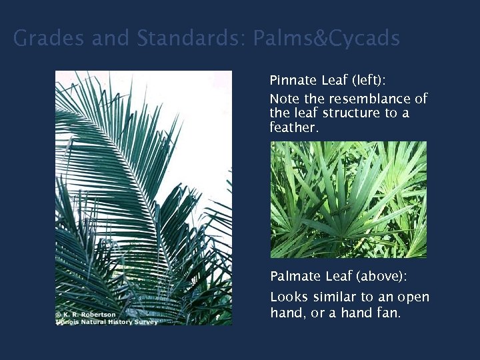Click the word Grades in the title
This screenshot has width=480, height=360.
click(x=49, y=39)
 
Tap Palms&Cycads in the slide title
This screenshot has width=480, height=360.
click(x=327, y=39)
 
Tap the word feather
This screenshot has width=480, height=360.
click(x=294, y=127)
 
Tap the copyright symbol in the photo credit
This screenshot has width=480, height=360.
click(x=59, y=315)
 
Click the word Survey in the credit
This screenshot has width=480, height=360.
click(x=146, y=322)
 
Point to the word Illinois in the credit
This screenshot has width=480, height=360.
click(x=67, y=322)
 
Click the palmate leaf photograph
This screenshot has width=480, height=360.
click(x=348, y=199)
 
